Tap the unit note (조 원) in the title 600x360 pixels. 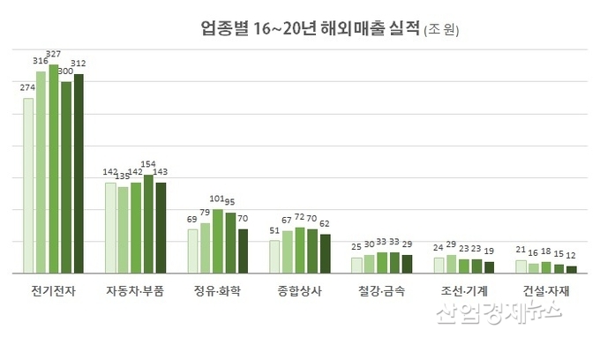(441, 29)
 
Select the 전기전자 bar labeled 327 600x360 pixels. (54, 168)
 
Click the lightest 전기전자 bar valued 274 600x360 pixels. (28, 185)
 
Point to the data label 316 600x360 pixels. (41, 61)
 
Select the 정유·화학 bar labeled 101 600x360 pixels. (217, 240)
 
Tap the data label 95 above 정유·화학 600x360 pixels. (230, 202)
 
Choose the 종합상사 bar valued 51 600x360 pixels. (274, 256)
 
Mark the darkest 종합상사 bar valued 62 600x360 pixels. (325, 253)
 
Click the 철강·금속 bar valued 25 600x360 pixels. (356, 265)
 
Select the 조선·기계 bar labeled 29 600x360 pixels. (452, 263)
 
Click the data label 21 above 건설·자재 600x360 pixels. (521, 250)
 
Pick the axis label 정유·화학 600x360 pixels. (217, 290)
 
